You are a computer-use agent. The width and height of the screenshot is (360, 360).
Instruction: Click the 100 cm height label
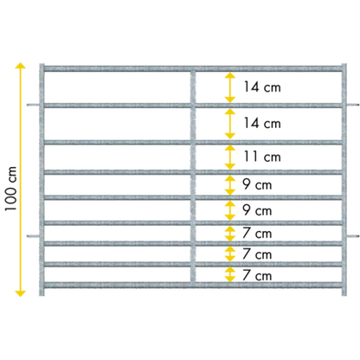click(x=10, y=189)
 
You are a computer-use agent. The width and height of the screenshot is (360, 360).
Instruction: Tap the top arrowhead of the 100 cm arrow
click(x=20, y=66)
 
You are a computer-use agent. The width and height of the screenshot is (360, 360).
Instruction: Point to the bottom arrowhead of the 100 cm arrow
click(x=20, y=293)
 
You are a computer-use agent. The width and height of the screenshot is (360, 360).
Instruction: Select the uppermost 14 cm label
click(x=262, y=87)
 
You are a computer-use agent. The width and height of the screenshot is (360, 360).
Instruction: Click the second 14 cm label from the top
click(x=262, y=123)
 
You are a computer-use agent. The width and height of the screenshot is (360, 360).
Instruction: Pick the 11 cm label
click(x=262, y=157)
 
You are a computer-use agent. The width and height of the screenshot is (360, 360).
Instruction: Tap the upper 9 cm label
click(x=257, y=184)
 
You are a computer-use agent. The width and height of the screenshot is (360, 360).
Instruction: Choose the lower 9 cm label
click(x=257, y=210)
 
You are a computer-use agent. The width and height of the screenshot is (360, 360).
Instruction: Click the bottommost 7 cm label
click(x=257, y=275)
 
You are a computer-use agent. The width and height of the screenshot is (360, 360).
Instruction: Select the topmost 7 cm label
click(x=257, y=233)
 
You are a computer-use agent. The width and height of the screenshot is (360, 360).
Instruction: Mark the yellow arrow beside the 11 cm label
click(x=230, y=157)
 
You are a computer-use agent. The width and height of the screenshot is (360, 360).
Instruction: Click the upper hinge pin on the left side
click(x=33, y=105)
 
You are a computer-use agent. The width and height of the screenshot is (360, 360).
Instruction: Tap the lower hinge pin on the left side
click(x=33, y=236)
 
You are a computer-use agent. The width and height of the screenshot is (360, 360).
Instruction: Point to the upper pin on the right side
click(x=352, y=105)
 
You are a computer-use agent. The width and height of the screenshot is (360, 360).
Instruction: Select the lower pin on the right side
click(x=352, y=236)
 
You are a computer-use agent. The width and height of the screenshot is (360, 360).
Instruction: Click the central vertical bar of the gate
click(x=193, y=177)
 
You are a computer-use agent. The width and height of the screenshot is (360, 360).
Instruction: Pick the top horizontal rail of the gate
click(x=193, y=68)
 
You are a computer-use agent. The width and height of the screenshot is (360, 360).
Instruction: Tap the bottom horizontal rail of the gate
click(x=193, y=286)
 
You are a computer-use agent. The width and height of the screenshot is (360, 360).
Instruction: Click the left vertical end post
click(x=42, y=179)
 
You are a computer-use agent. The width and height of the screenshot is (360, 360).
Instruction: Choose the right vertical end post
click(x=344, y=179)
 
